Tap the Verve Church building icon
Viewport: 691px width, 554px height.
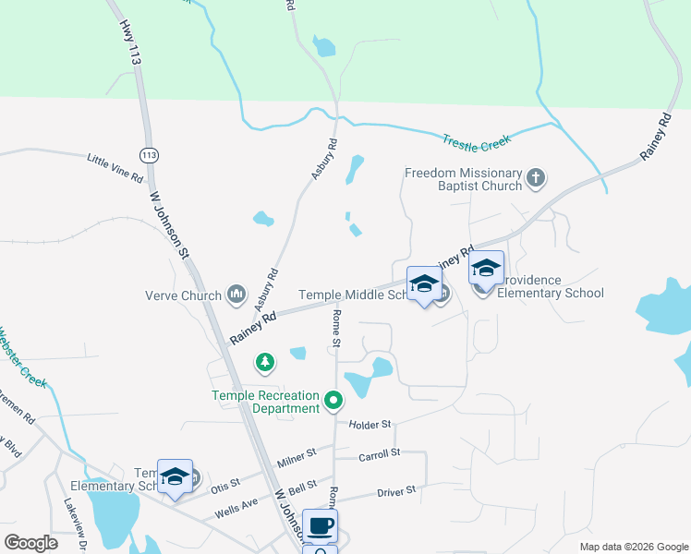pyautogui.click(x=236, y=295)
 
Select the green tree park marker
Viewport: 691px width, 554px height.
pyautogui.click(x=266, y=361)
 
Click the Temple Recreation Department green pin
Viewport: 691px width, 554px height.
pyautogui.click(x=333, y=401)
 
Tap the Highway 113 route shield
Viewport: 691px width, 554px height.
pyautogui.click(x=147, y=153)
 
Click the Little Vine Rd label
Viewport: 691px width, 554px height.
pyautogui.click(x=115, y=167)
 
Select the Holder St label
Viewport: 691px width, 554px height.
pyautogui.click(x=370, y=424)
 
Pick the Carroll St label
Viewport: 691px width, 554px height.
pyautogui.click(x=379, y=453)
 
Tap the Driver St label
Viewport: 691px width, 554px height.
pyautogui.click(x=396, y=491)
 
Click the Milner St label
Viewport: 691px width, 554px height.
pyautogui.click(x=297, y=457)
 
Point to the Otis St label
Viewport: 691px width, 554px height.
pyautogui.click(x=224, y=482)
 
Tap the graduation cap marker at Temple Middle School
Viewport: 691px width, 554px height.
pyautogui.click(x=424, y=284)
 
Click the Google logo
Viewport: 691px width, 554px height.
pyautogui.click(x=30, y=543)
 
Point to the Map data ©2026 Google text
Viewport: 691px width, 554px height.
pyautogui.click(x=633, y=547)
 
